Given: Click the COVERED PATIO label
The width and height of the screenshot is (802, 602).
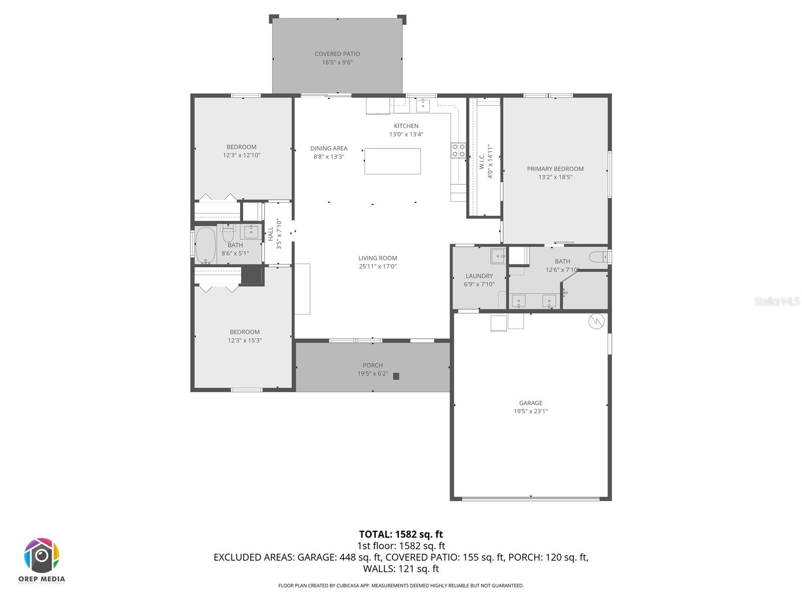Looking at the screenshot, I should (337, 54).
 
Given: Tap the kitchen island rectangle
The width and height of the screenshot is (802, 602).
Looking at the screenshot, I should (392, 161).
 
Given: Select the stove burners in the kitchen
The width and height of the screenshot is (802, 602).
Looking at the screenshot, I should (458, 150).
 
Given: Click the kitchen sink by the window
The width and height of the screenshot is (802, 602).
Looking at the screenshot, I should (423, 106).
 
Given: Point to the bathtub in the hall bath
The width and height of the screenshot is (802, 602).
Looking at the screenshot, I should (205, 245).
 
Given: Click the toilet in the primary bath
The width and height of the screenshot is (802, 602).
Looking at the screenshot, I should (598, 257).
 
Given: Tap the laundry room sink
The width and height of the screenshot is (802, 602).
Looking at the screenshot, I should (497, 255).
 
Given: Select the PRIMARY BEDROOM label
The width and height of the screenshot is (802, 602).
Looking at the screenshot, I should (555, 169).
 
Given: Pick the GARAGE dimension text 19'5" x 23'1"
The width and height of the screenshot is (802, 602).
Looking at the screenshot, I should (530, 411).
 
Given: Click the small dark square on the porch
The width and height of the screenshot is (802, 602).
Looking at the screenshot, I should (396, 376).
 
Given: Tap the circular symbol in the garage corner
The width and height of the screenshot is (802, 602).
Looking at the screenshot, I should (596, 321).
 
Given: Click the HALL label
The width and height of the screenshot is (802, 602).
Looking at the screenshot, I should (271, 234).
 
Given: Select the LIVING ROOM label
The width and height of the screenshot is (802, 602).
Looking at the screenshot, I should (377, 258).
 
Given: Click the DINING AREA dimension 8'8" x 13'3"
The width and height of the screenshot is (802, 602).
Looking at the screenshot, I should (329, 157).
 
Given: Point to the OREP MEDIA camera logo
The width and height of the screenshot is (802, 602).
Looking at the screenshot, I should (42, 556).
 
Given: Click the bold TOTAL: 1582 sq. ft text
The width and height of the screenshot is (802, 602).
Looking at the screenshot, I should (400, 534).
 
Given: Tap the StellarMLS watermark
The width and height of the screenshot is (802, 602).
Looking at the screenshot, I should (777, 301).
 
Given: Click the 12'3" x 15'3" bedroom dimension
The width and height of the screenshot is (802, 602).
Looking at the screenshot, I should (245, 340).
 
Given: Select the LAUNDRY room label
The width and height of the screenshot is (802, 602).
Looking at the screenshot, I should (479, 276).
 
